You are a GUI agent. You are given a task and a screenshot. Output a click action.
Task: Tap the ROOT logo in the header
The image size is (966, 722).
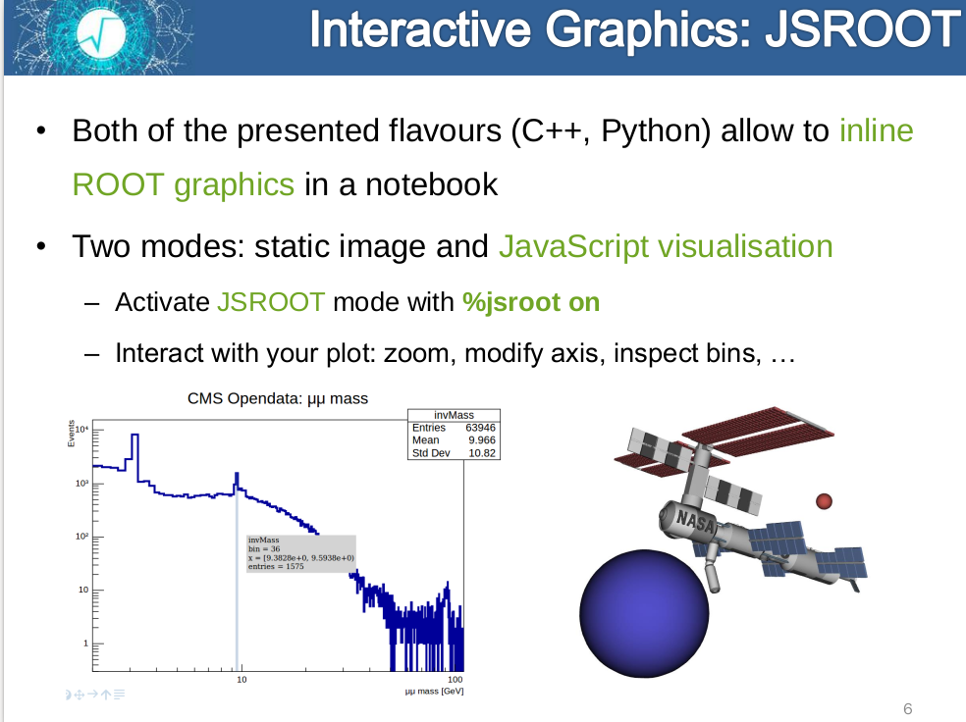(x=101, y=35)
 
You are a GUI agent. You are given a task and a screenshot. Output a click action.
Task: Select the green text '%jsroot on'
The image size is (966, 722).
(x=531, y=302)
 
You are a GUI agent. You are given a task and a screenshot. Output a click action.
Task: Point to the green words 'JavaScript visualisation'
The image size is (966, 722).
(x=666, y=247)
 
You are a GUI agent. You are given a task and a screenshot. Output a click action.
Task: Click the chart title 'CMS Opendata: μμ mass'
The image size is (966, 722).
(x=277, y=399)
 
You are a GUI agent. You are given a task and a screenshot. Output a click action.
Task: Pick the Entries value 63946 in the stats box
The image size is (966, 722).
(x=480, y=428)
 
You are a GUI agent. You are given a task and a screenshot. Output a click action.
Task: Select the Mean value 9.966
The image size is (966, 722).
(x=482, y=440)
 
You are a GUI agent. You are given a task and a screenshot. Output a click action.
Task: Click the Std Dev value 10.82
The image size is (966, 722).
(x=482, y=453)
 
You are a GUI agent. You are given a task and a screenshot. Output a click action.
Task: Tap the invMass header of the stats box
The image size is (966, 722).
(x=455, y=416)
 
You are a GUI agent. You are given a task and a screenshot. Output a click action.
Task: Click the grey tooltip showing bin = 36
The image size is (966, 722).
(x=300, y=553)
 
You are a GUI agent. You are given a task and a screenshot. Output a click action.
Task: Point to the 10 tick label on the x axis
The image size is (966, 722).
(x=241, y=680)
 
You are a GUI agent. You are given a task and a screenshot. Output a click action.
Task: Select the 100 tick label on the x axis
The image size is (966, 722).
(x=455, y=680)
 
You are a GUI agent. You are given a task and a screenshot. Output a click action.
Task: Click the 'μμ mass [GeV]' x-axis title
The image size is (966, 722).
(x=434, y=692)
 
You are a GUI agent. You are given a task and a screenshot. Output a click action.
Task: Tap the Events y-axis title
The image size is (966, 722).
(x=71, y=434)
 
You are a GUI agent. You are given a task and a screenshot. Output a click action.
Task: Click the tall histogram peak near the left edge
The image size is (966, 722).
(x=134, y=449)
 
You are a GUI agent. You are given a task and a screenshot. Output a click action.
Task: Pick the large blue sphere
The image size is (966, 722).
(x=644, y=614)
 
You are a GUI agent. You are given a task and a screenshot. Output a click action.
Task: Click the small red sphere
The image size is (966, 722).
(x=824, y=501)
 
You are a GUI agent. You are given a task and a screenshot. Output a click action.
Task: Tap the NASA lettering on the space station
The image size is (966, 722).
(x=696, y=521)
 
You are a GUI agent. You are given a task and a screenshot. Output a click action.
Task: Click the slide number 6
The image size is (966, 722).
(x=907, y=708)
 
